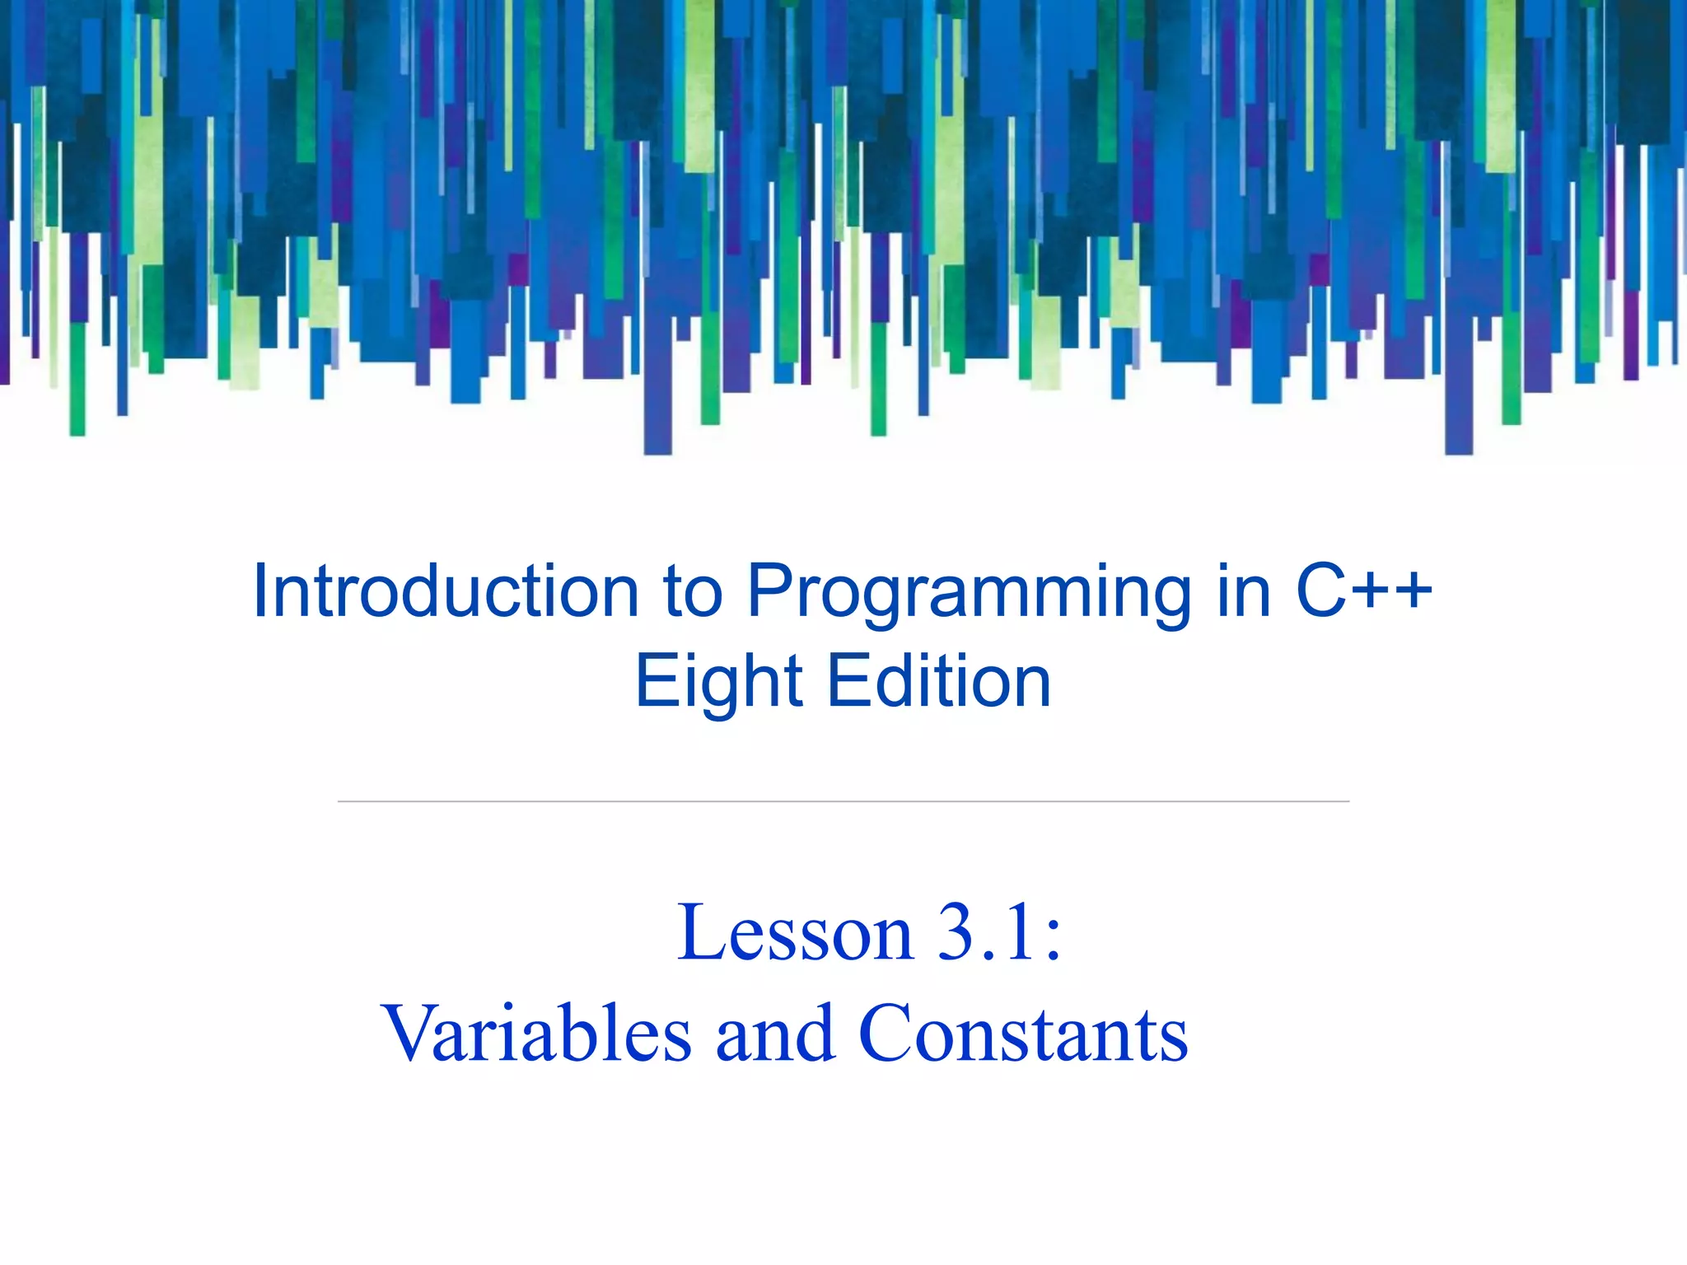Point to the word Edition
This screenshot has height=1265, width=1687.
tap(939, 682)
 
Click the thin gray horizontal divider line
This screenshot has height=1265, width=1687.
tap(843, 801)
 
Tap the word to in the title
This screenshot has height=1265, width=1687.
tap(693, 591)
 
